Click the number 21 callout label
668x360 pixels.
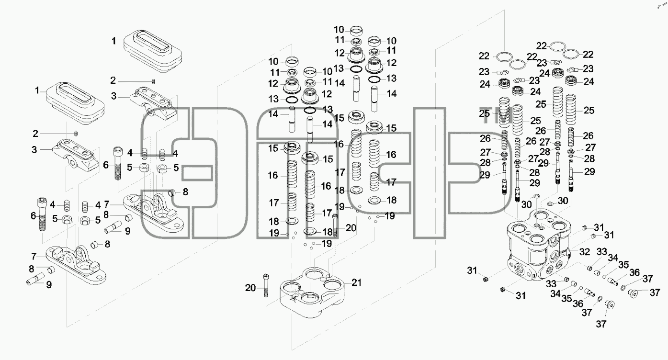coord(356,282)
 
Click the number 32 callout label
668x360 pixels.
coord(585,252)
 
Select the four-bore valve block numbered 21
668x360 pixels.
coord(312,292)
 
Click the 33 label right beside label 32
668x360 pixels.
coord(602,252)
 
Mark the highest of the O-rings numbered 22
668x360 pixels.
coord(557,46)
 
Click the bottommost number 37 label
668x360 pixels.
coord(601,324)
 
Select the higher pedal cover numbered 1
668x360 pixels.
coord(153,52)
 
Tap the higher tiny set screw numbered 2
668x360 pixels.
coord(153,82)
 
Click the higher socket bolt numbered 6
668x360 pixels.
coord(118,164)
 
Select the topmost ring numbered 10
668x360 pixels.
coord(356,30)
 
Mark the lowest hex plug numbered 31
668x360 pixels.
coord(502,289)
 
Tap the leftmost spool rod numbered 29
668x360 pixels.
coord(504,180)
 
